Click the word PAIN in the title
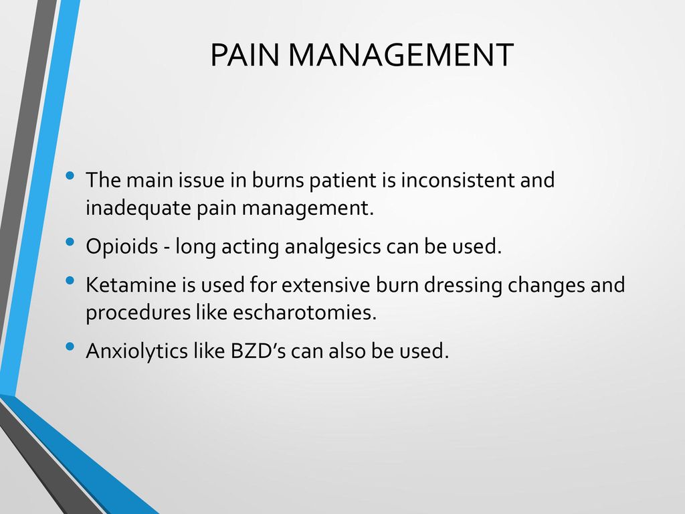click(x=245, y=55)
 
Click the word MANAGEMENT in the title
click(x=401, y=55)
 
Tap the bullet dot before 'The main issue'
click(x=70, y=176)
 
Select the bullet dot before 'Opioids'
click(x=70, y=242)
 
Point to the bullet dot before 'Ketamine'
click(x=70, y=280)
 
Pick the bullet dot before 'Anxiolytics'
click(x=70, y=347)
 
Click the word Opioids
click(x=122, y=246)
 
